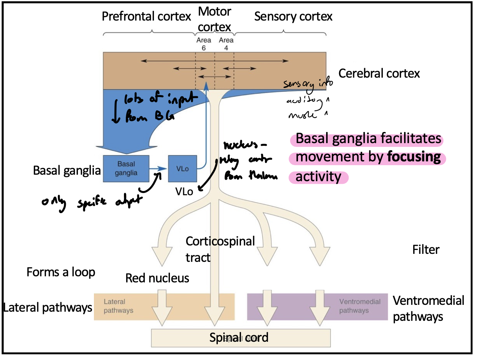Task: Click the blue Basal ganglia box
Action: click(x=126, y=168)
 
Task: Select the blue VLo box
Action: click(x=182, y=168)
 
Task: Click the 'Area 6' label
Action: click(x=204, y=44)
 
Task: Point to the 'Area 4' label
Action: click(x=226, y=44)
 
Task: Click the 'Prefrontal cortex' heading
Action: click(x=146, y=16)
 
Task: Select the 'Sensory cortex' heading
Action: click(x=293, y=17)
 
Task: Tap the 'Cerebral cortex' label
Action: click(x=379, y=73)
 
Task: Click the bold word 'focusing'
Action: click(x=414, y=157)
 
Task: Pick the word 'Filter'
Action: click(x=426, y=250)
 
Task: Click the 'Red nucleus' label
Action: click(x=157, y=278)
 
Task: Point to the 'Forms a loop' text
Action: click(x=61, y=272)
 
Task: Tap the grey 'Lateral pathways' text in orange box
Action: click(x=118, y=306)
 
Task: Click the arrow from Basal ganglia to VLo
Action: click(x=158, y=168)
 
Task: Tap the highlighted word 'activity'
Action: click(x=318, y=177)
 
